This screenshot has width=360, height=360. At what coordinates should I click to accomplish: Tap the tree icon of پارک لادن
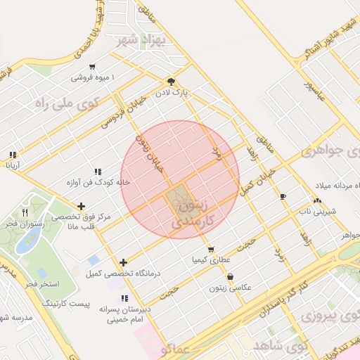point(171,81)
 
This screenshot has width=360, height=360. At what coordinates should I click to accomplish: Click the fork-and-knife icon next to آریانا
point(13,155)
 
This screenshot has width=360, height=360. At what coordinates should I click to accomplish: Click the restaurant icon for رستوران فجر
point(25,212)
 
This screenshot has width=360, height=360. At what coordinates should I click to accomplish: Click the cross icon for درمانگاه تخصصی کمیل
point(124,262)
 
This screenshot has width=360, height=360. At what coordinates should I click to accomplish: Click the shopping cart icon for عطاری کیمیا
point(210,250)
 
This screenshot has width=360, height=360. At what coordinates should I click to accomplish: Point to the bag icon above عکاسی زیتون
point(231,277)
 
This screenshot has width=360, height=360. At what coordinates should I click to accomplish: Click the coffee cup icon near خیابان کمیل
point(283,196)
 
